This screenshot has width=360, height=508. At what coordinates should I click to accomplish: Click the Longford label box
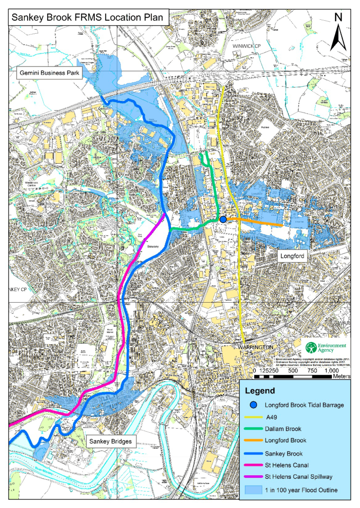pyautogui.click(x=291, y=255)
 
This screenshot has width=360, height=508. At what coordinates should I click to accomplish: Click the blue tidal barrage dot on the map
pyautogui.click(x=223, y=219)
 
